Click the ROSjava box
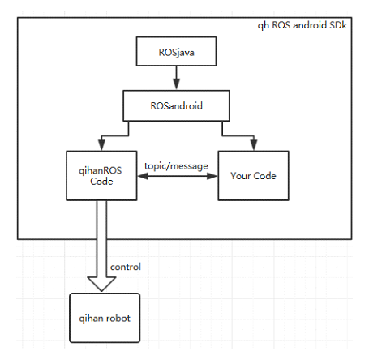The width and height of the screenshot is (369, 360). click(176, 51)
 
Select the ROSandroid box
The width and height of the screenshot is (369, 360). click(176, 105)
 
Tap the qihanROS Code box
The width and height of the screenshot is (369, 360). click(101, 176)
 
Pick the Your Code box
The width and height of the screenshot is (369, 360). click(253, 176)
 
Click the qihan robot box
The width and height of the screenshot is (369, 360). click(105, 318)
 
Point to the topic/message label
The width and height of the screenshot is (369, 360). click(176, 166)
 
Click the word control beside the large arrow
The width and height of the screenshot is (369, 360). click(126, 267)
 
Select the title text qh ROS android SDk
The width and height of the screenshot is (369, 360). click(302, 25)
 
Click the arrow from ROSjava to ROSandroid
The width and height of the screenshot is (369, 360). click(176, 78)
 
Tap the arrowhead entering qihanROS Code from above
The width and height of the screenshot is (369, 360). click(101, 145)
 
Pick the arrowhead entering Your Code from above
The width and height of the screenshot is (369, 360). click(254, 145)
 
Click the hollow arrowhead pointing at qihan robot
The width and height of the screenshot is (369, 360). click(101, 284)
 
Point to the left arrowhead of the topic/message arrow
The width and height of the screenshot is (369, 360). click(143, 176)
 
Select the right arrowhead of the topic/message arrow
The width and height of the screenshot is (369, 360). click(212, 176)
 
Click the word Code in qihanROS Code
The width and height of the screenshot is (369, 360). click(101, 182)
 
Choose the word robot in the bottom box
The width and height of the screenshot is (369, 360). click(118, 318)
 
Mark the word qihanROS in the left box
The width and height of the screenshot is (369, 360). click(101, 171)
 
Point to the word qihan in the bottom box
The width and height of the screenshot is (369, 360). click(91, 319)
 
